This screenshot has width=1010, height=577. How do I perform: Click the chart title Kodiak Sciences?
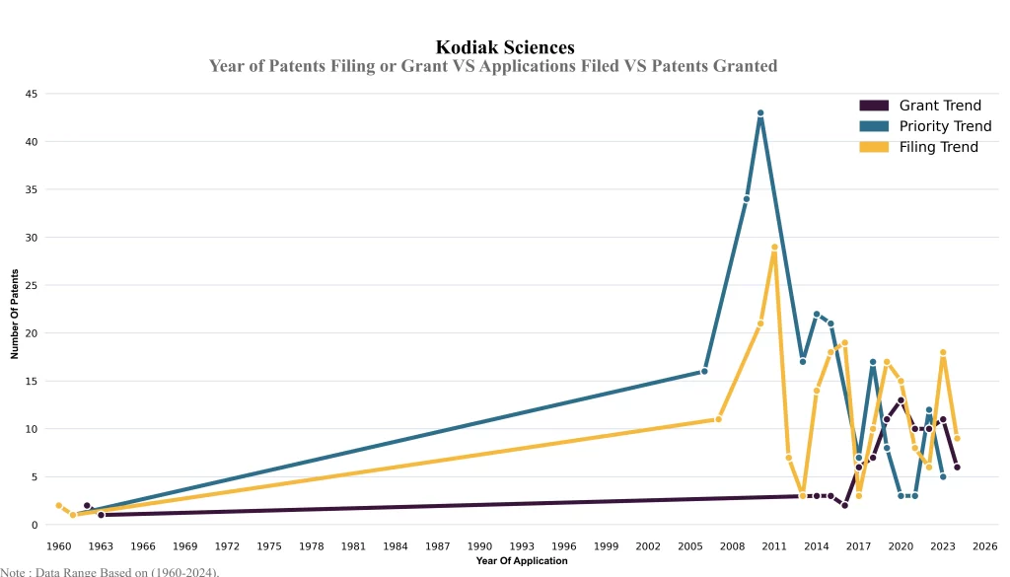505,47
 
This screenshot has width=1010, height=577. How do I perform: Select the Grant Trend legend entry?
940,106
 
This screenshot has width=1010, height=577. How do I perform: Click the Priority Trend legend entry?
945,126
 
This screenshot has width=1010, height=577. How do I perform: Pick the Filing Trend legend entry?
938,147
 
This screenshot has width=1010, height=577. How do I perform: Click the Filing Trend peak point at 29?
774,247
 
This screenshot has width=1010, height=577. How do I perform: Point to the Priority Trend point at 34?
747,199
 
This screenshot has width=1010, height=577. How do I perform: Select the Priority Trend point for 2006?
704,372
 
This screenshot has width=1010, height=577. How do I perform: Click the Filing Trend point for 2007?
718,419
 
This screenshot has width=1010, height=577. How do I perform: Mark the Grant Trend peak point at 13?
901,400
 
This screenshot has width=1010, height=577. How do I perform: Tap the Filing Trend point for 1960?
59,506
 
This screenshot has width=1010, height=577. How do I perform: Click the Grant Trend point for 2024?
957,468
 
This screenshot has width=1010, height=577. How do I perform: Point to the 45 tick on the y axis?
32,94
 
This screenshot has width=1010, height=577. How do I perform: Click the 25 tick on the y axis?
32,285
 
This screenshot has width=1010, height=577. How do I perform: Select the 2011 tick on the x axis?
774,545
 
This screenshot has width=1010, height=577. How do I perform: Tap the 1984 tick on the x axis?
396,545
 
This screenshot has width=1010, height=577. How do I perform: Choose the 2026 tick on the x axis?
984,545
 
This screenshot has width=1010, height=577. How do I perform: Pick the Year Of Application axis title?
522,561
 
